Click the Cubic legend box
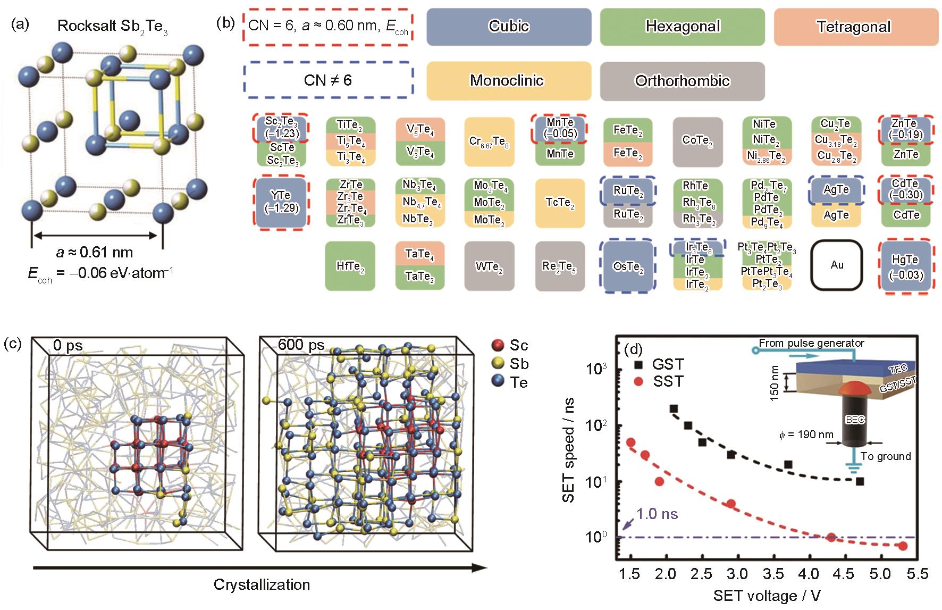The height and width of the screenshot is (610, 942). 509,27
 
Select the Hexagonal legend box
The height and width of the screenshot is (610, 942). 683,27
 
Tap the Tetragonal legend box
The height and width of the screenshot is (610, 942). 856,27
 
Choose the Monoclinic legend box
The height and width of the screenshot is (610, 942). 509,81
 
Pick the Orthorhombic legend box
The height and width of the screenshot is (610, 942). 683,81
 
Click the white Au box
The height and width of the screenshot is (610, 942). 837,265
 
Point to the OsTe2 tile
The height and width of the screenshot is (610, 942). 627,266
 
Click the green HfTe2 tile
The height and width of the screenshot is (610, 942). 350,266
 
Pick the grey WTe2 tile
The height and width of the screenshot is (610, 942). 489,266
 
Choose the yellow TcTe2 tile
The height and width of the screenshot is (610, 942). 559,203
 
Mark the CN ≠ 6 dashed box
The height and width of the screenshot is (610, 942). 328,80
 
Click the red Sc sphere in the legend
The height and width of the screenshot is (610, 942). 498,345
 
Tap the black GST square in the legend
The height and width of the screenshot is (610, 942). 638,365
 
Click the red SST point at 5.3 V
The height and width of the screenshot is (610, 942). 903,546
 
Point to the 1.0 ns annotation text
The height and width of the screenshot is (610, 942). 657,514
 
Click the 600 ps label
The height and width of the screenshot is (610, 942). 301,345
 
